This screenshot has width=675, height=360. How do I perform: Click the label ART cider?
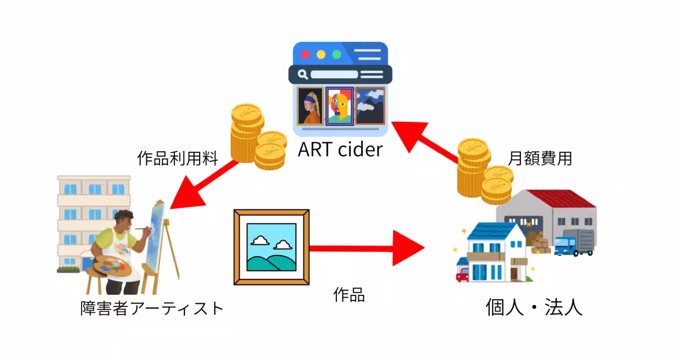pyautogui.click(x=340, y=150)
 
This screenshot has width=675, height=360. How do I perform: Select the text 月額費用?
pyautogui.click(x=540, y=158)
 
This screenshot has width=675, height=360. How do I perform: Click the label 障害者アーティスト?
pyautogui.click(x=152, y=308)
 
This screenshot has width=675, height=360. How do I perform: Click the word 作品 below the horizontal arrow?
pyautogui.click(x=349, y=294)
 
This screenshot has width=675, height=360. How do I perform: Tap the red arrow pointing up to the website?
pyautogui.click(x=425, y=143)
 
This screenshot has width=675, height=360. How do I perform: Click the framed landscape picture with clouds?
pyautogui.click(x=272, y=247)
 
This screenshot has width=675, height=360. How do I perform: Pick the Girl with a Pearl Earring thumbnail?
pyautogui.click(x=310, y=106)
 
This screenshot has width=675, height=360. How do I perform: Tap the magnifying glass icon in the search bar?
pyautogui.click(x=303, y=74)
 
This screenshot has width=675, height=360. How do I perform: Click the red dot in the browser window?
pyautogui.click(x=305, y=55)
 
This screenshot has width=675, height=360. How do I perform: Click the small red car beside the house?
pyautogui.click(x=462, y=274)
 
